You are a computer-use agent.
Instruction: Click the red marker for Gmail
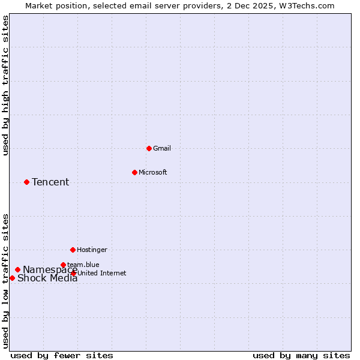point(149,148)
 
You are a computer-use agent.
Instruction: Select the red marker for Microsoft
point(134,172)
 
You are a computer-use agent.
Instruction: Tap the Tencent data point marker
point(26,182)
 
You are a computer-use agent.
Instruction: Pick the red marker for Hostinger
point(73,250)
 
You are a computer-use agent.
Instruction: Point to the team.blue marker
point(63,265)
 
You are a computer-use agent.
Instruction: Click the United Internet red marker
point(74,273)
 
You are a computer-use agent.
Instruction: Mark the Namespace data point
point(17,269)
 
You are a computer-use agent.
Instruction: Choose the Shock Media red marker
point(12,278)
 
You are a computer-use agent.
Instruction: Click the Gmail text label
point(162,148)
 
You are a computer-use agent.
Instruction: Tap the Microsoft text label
point(153,172)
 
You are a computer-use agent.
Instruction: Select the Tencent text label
point(50,182)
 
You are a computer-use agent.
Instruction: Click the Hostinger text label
point(92,250)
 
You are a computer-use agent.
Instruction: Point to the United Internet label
point(102,273)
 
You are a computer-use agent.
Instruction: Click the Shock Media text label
point(47,278)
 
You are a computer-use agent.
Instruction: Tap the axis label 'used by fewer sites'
point(62,355)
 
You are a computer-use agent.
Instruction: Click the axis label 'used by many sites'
point(301,355)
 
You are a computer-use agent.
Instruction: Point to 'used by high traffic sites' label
point(5,85)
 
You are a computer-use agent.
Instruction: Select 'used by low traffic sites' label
point(5,280)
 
